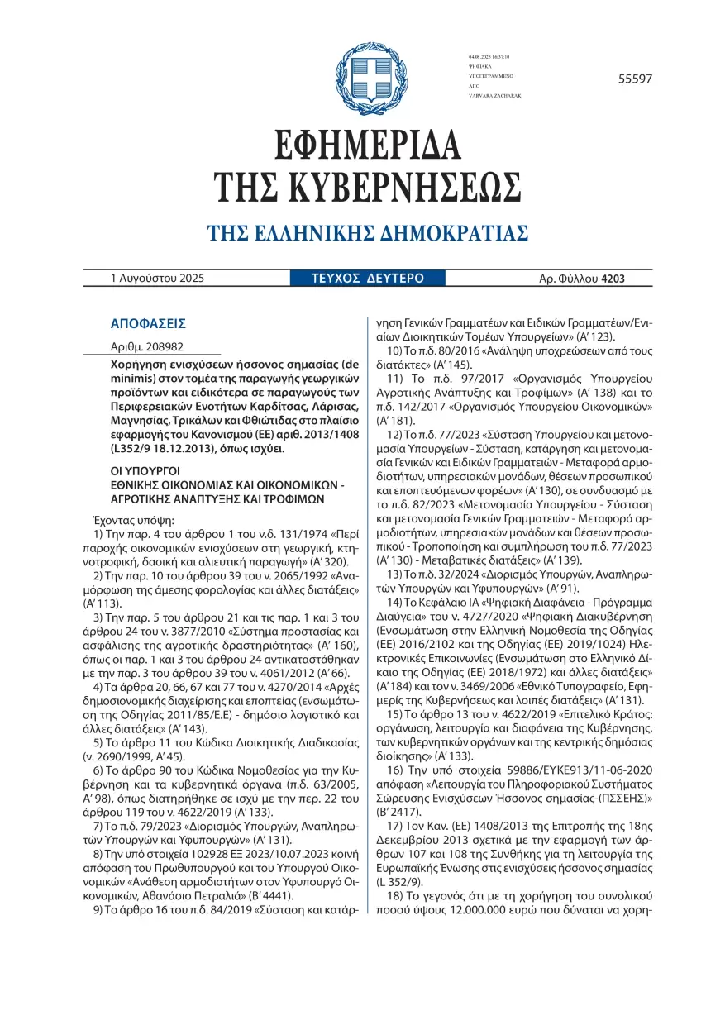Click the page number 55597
(635, 79)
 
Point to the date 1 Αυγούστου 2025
(157, 279)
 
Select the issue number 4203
(613, 279)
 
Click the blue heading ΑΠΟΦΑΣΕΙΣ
(148, 323)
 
